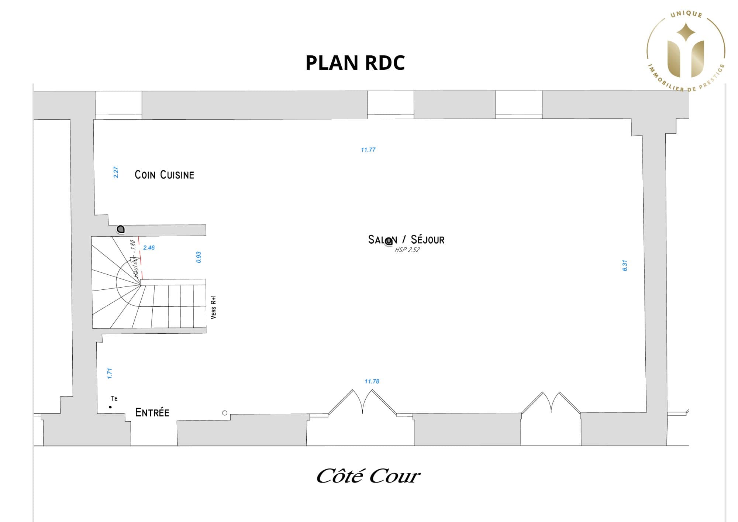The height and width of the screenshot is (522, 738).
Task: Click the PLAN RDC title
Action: coord(355,62)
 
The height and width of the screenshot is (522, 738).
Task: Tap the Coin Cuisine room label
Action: coord(164,175)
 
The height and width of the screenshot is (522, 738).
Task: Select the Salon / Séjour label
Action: coord(406,240)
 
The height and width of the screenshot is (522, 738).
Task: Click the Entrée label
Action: coord(152,412)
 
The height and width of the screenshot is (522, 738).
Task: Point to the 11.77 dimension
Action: coord(368,150)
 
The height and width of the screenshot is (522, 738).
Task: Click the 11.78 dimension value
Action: coord(372,381)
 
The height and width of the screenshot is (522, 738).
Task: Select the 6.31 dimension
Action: coord(624,265)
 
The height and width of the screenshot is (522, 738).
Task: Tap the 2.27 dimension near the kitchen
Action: coord(116,172)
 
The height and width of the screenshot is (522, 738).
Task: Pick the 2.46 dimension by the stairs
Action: coord(149,247)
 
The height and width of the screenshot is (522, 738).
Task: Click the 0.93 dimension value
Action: coord(199,257)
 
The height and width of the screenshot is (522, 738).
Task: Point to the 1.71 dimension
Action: coord(109,373)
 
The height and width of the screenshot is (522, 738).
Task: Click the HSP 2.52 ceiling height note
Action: coord(407,250)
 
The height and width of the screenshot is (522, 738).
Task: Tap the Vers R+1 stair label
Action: coord(213,307)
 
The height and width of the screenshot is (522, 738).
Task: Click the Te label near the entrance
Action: coord(114,398)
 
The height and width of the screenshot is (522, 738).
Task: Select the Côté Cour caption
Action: coord(368,476)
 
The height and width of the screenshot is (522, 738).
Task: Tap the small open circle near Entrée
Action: coord(225,413)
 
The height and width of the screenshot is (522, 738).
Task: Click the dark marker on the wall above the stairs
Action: coord(121,229)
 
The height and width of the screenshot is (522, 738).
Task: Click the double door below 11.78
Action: coord(362,402)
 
